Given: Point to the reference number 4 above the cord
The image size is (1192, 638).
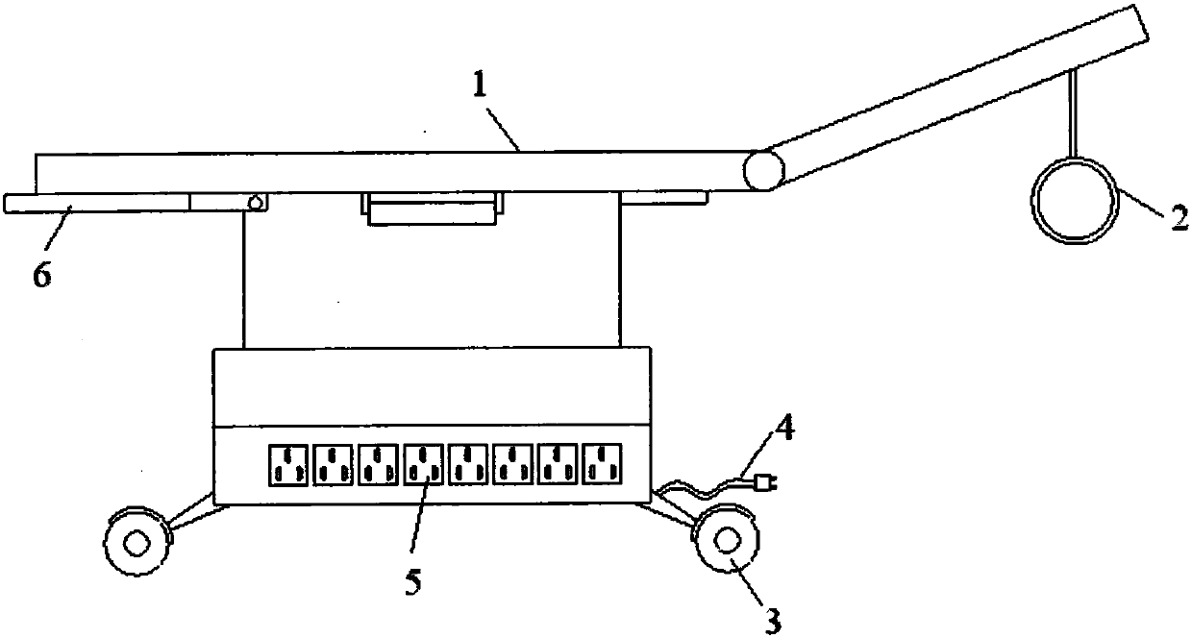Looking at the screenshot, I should tap(785, 426).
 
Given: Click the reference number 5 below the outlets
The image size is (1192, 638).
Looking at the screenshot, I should tap(411, 579).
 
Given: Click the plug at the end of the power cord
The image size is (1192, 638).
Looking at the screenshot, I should tap(765, 483).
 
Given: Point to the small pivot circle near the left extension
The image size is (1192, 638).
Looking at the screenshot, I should tap(256, 203).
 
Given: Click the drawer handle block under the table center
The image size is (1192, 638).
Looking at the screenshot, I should tap(433, 209).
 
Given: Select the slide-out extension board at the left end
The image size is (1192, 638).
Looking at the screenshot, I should tap(96, 203).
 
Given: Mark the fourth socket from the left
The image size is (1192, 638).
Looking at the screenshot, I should tap(423, 463).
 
